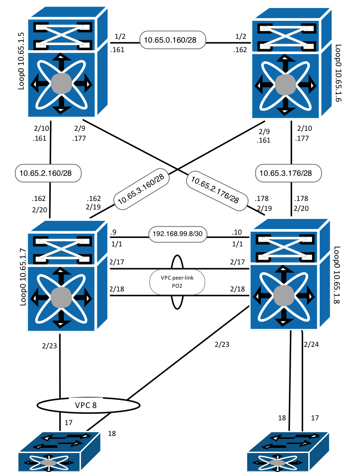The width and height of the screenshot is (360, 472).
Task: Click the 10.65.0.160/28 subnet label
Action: click(172, 40)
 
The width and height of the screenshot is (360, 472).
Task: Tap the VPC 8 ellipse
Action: click(88, 405)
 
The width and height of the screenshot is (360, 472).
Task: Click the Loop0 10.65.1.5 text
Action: click(21, 64)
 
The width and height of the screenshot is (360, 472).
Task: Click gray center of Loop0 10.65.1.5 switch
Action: click(61, 84)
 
